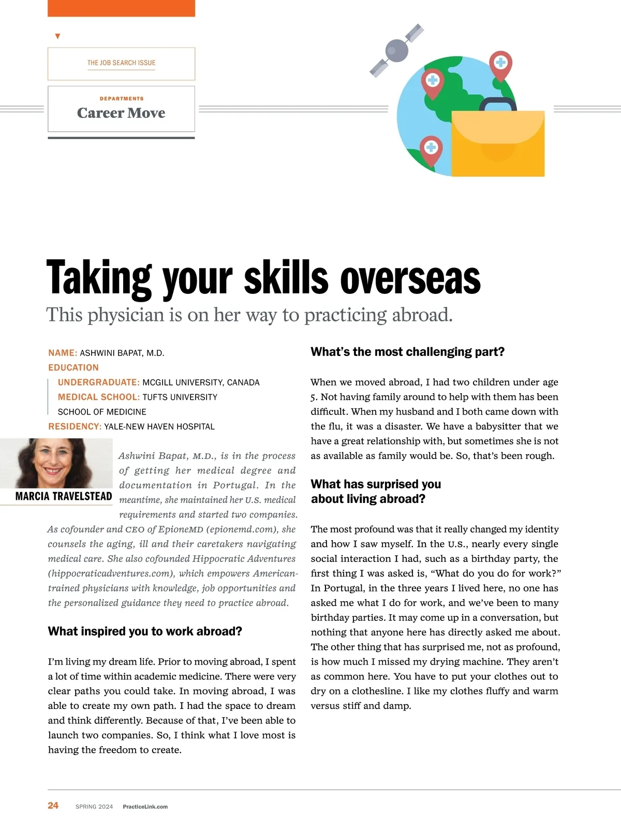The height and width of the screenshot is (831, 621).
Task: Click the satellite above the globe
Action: (396, 50)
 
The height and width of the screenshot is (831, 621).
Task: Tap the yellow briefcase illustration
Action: (498, 145)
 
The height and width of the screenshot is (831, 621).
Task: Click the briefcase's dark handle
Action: (498, 104)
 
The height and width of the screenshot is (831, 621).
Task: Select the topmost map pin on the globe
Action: (500, 65)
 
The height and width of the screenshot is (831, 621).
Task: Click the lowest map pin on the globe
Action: (431, 149)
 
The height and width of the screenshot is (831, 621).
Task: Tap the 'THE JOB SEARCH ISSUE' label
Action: (121, 63)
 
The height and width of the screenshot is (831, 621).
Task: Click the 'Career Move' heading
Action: (121, 113)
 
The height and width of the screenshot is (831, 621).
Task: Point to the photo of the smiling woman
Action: (56, 463)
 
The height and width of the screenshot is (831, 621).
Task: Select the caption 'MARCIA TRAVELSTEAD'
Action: (64, 497)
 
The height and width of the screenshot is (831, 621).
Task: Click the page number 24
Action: (53, 806)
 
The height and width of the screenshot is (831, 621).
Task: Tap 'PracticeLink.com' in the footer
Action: (145, 807)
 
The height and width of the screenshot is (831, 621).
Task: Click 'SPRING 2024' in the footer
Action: (94, 807)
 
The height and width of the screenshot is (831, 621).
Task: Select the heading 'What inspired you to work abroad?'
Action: (145, 631)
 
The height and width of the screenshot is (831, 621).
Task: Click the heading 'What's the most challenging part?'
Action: (407, 352)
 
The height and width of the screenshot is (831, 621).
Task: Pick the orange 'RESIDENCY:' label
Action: (75, 426)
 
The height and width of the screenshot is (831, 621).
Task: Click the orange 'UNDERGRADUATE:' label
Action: (98, 382)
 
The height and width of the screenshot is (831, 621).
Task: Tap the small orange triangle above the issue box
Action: (57, 36)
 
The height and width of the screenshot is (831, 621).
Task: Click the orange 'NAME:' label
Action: (63, 353)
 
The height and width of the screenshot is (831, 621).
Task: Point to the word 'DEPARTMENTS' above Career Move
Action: (122, 98)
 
